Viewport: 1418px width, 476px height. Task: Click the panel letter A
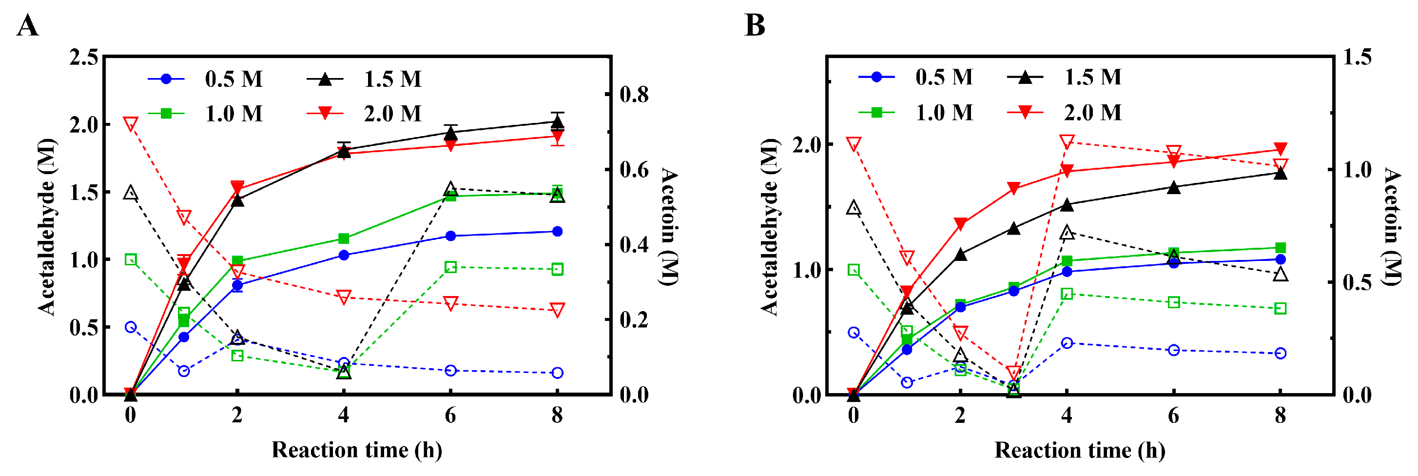[27, 25]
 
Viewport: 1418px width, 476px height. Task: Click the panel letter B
[754, 25]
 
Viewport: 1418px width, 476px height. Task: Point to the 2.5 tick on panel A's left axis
[84, 57]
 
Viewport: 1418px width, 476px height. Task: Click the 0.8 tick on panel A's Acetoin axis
[634, 94]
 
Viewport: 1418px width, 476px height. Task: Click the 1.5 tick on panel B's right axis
[1357, 57]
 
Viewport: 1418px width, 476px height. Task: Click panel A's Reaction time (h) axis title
[357, 450]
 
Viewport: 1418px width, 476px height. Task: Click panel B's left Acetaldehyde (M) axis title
[770, 227]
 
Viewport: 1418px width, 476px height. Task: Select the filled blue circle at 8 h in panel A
[557, 231]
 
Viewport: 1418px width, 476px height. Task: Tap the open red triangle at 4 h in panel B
[1067, 141]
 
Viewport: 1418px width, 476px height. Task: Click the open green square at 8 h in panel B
[1281, 309]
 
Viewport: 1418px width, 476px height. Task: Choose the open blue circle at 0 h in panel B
[854, 333]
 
